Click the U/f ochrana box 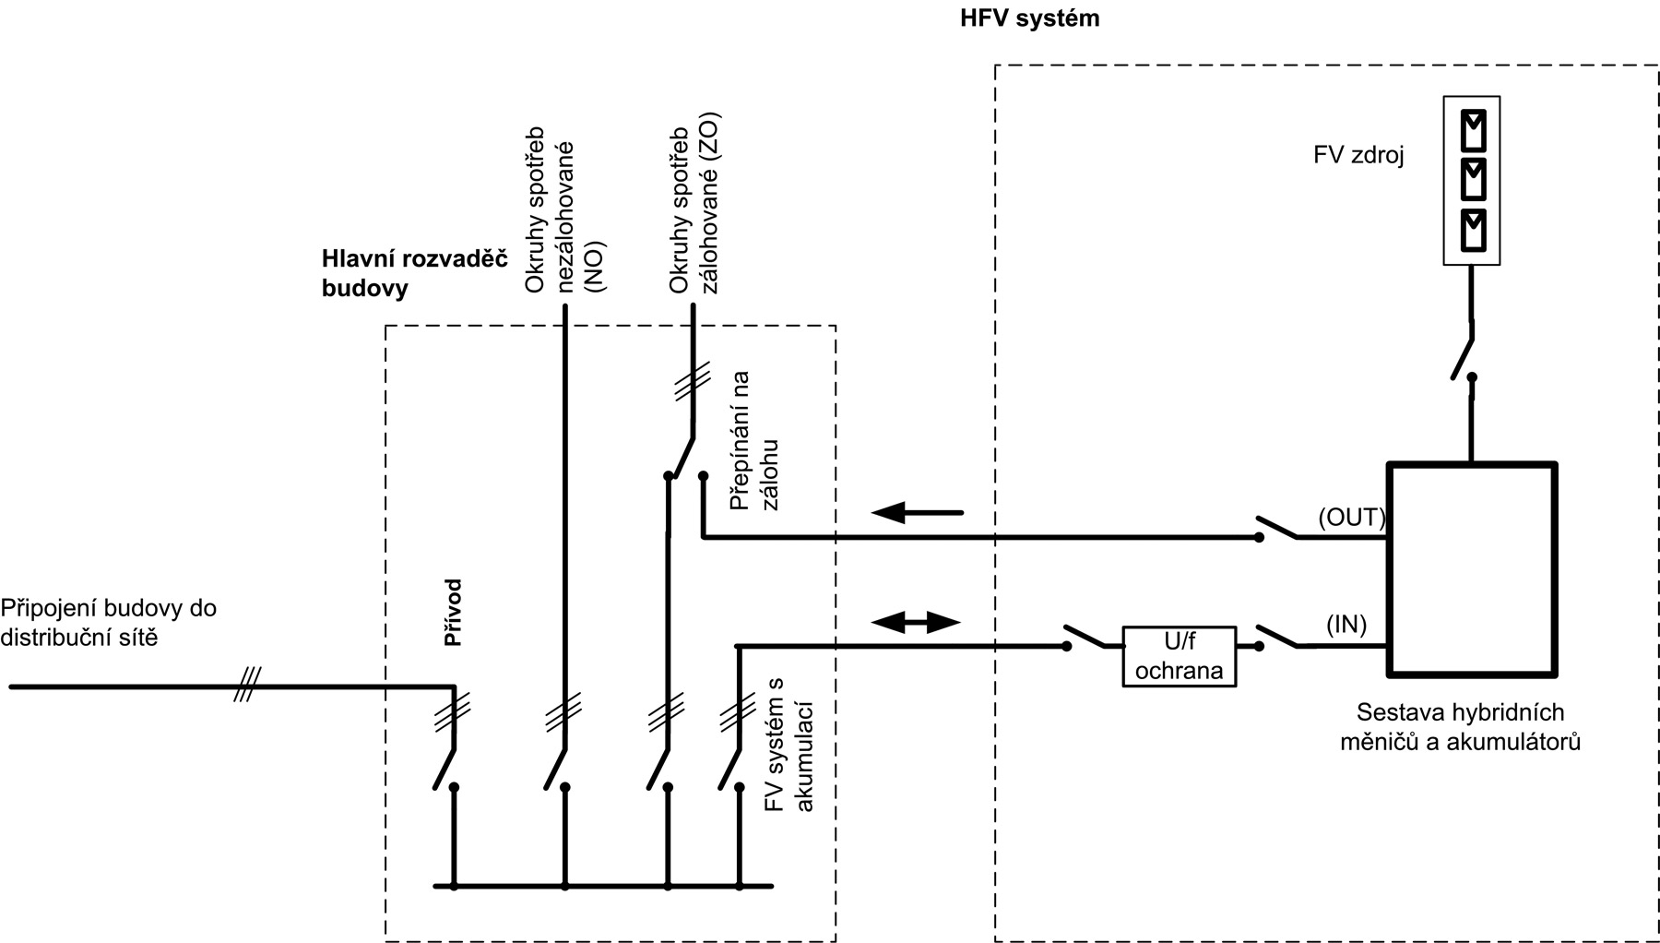[x=1179, y=657]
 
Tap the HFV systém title [x=1029, y=18]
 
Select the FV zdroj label [x=1358, y=155]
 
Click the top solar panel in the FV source [x=1472, y=130]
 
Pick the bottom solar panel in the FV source [x=1472, y=230]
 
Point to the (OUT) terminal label [x=1352, y=518]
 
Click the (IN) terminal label [x=1346, y=625]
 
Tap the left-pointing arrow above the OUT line [x=917, y=512]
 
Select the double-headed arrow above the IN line [x=916, y=622]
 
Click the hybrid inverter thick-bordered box [x=1472, y=568]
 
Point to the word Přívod [x=453, y=613]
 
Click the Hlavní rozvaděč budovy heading [x=414, y=273]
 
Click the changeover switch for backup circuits [x=683, y=458]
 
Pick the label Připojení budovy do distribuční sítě [x=108, y=623]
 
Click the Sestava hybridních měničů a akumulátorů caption [x=1460, y=727]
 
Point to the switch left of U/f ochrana [x=1085, y=637]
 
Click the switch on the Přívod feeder [x=445, y=767]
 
